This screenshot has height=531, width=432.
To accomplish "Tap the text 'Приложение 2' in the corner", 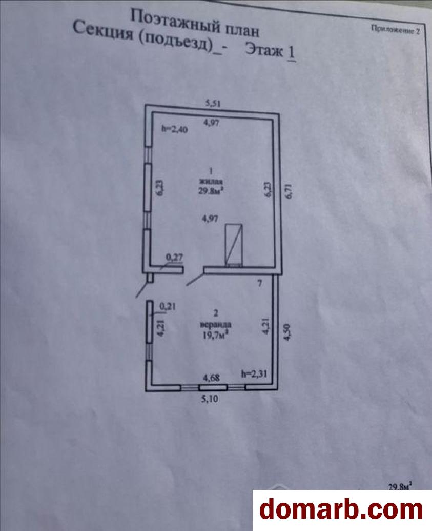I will tap(395, 30).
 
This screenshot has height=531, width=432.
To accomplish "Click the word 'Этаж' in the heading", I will tap(263, 50).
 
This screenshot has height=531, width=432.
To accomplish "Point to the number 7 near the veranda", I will tap(260, 283).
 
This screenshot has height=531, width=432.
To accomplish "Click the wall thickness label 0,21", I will tap(168, 306).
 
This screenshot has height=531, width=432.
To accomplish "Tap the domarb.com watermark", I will tap(341, 509).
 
